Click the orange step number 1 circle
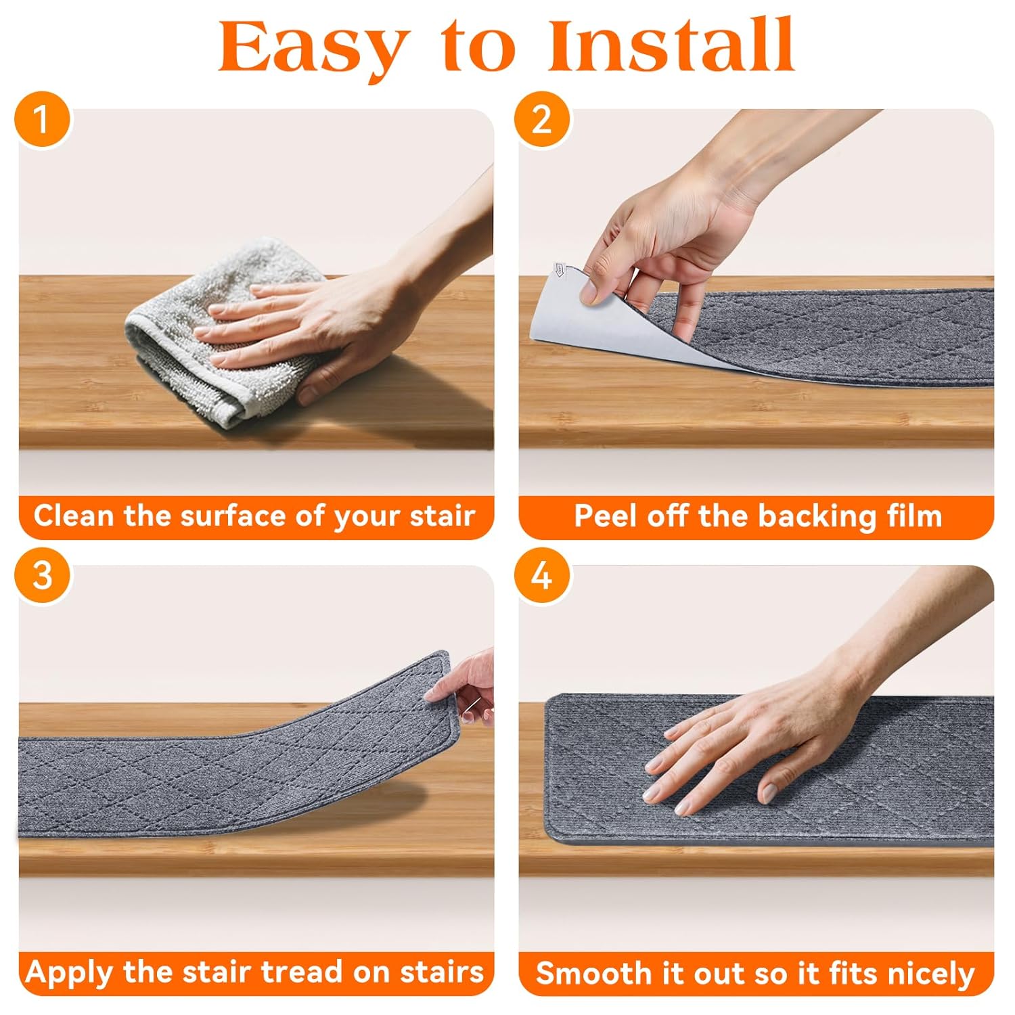pos(42,119)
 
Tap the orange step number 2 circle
pos(541,119)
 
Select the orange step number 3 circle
pos(42,575)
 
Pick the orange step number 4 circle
pos(541,575)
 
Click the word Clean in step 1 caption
pos(74,516)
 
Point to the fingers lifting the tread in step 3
pos(467,683)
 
